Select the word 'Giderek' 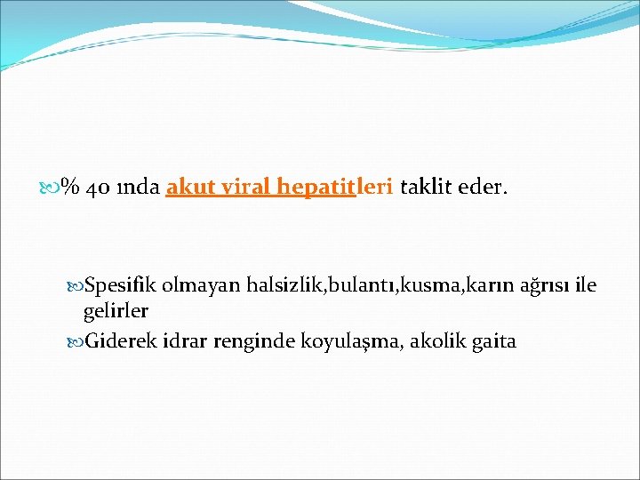[x=120, y=340]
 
